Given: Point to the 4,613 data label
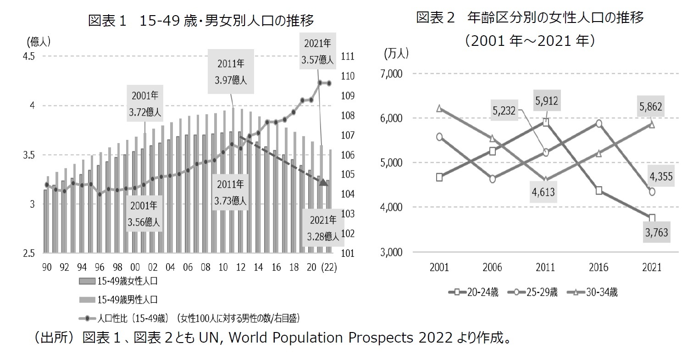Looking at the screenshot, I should click(x=543, y=192).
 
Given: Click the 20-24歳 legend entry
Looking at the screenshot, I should click(x=475, y=292).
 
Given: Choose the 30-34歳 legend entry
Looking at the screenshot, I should click(x=591, y=292).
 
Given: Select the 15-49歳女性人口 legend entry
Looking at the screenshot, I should click(x=119, y=282).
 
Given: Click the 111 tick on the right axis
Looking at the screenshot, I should click(x=348, y=56).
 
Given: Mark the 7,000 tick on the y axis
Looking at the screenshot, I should click(x=391, y=74).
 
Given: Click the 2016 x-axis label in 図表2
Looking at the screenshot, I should click(x=598, y=267).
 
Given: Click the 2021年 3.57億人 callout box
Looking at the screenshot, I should click(x=317, y=51).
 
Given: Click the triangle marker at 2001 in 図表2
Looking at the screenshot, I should click(x=439, y=108).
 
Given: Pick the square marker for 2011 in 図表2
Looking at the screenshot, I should click(x=546, y=122).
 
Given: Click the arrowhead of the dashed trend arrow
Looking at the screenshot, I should click(x=324, y=183).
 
